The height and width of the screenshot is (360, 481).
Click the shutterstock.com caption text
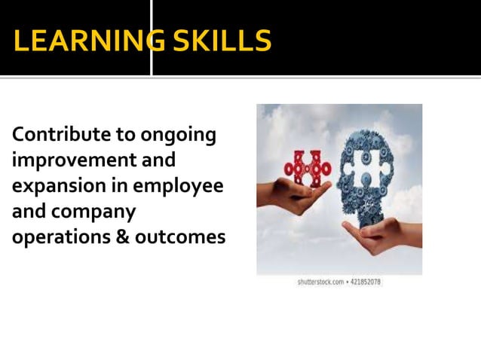(320, 282)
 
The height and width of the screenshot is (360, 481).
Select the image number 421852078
(367, 282)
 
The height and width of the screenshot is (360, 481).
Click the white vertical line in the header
(152, 37)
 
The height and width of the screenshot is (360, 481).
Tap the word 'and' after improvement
(158, 161)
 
